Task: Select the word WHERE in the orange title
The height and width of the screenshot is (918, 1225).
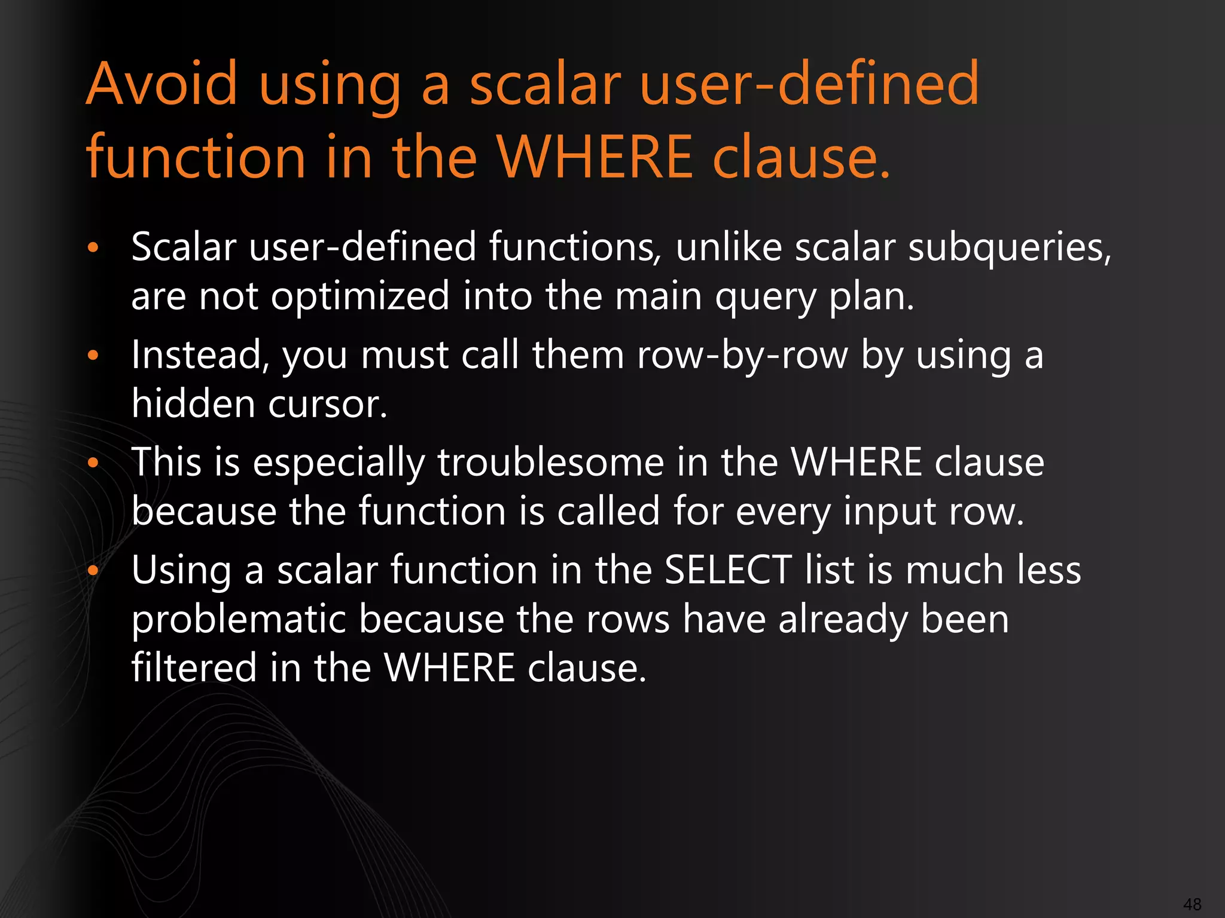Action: (x=595, y=157)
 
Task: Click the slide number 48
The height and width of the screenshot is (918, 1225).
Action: (x=1192, y=904)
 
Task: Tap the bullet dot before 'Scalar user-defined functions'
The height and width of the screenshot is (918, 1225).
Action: (x=92, y=247)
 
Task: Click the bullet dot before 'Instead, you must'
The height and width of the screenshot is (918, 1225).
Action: (x=92, y=356)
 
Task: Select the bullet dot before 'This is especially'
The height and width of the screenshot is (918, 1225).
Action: (x=92, y=463)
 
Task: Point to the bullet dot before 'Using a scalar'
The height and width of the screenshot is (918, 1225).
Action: (x=92, y=571)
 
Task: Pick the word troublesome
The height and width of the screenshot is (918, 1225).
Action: (x=551, y=463)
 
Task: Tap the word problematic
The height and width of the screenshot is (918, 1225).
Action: (x=239, y=620)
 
